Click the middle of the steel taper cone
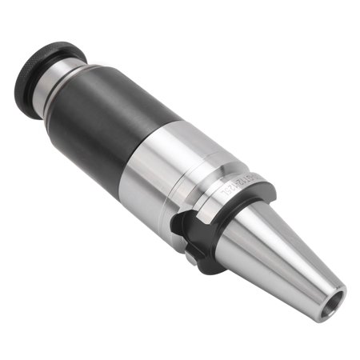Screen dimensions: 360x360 coord(288,256)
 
